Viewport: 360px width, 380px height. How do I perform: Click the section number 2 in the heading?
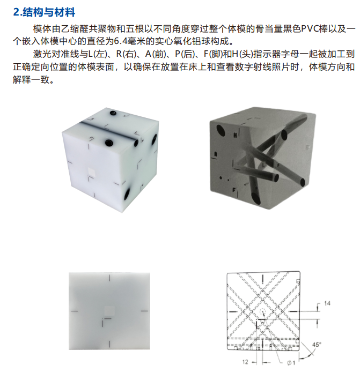tap(16, 12)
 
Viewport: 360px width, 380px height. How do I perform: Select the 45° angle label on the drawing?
tap(317, 345)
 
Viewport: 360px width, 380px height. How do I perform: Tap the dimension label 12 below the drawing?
tap(245, 362)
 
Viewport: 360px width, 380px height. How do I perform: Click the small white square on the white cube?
tap(92, 170)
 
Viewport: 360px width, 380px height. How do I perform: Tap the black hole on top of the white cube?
tap(114, 114)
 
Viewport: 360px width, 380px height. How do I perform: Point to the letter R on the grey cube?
tap(215, 154)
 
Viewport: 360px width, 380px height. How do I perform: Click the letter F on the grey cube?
tap(233, 189)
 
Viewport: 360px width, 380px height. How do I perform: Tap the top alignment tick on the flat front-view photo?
tap(109, 278)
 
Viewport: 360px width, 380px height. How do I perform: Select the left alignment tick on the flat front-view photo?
tap(74, 310)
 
